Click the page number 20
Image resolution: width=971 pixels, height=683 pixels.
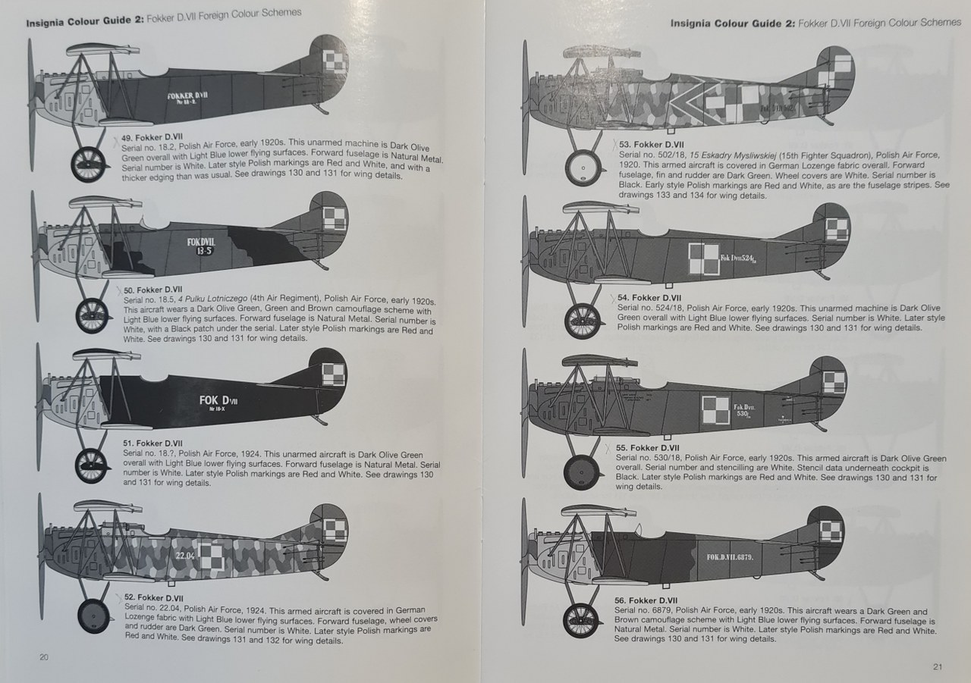pyautogui.click(x=44, y=657)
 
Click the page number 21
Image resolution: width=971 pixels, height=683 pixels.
pyautogui.click(x=937, y=667)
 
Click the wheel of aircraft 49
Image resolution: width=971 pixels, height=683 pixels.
pyautogui.click(x=89, y=164)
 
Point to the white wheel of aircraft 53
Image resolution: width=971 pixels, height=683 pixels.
pyautogui.click(x=583, y=168)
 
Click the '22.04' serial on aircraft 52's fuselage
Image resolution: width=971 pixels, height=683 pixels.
pyautogui.click(x=185, y=555)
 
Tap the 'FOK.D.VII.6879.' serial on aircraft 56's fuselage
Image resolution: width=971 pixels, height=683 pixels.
pyautogui.click(x=730, y=556)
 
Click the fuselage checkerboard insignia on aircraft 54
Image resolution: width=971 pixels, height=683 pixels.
pyautogui.click(x=703, y=258)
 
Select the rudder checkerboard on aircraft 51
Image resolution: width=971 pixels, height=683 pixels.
pyautogui.click(x=333, y=374)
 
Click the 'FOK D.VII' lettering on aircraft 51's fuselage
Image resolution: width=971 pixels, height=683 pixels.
pyautogui.click(x=218, y=400)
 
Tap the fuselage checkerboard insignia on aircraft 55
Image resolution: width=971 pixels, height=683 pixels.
pyautogui.click(x=715, y=409)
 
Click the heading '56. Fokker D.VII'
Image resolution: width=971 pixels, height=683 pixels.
pyautogui.click(x=646, y=600)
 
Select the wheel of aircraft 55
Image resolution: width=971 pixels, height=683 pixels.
pyautogui.click(x=582, y=472)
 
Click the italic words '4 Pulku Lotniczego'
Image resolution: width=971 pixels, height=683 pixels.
pyautogui.click(x=212, y=299)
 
